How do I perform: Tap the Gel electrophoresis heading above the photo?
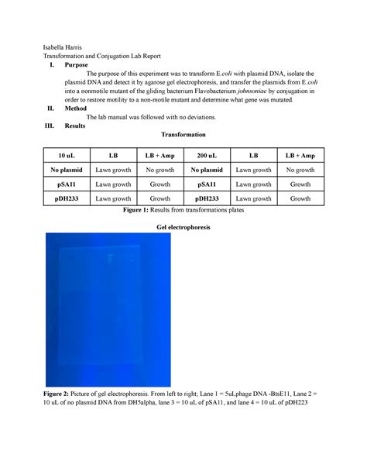183,229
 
